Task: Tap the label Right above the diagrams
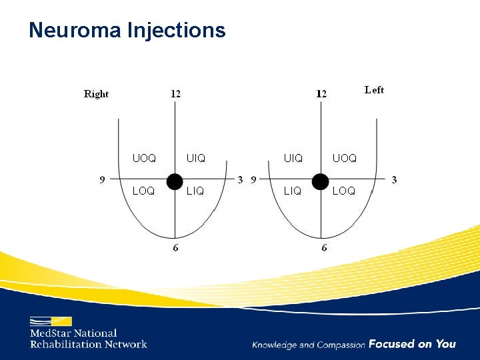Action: point(96,94)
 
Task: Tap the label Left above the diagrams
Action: point(374,90)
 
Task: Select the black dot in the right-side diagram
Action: point(321,181)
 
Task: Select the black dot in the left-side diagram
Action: point(174,181)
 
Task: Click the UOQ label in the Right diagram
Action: point(144,159)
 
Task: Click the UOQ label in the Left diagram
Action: point(345,159)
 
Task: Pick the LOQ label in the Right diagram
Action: point(143,191)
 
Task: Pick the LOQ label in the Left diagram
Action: point(344,191)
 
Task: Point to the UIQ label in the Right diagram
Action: point(196,159)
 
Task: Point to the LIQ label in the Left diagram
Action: point(293,191)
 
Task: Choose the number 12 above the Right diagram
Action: point(175,94)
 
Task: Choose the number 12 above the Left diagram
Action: point(321,94)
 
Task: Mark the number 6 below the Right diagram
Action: point(175,248)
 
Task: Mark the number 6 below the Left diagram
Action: point(324,248)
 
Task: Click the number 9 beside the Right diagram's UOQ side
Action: point(102,179)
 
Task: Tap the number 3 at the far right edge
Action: point(394,179)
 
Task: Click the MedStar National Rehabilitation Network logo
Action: point(87,333)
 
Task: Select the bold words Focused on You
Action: point(412,344)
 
